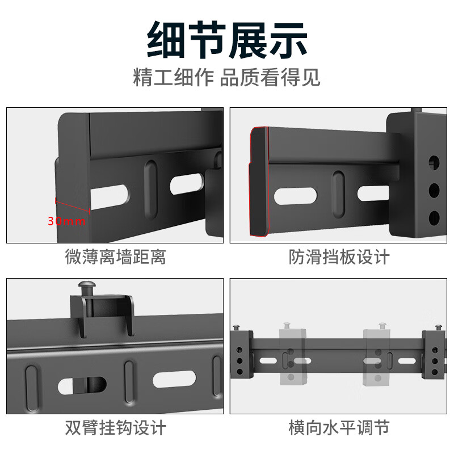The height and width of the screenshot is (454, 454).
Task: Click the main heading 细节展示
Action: [x=227, y=40]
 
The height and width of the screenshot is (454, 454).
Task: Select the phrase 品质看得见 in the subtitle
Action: [x=270, y=77]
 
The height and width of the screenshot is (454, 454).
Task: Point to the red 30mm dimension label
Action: [x=67, y=221]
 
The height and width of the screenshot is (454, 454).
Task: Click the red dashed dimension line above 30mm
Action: [x=72, y=204]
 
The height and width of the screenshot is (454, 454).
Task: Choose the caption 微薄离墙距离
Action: [x=115, y=257]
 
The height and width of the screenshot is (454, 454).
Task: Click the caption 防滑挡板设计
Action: [x=339, y=257]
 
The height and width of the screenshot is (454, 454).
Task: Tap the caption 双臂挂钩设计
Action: [x=115, y=427]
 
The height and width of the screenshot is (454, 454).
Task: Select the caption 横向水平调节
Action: [x=339, y=427]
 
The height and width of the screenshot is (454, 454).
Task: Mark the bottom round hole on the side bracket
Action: [x=434, y=216]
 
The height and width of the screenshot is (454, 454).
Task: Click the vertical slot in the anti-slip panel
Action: [x=339, y=195]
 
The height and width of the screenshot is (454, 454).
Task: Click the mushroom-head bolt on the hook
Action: [x=86, y=288]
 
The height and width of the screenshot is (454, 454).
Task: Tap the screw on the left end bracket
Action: [x=237, y=327]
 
